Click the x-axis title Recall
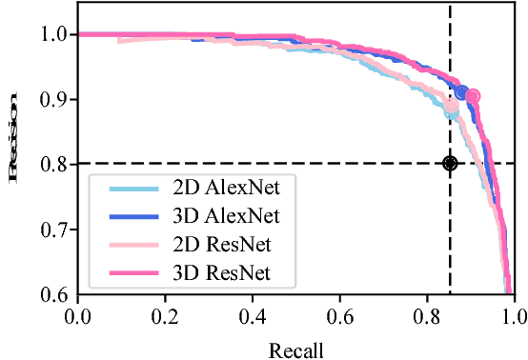(x=296, y=350)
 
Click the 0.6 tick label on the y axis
(x=52, y=295)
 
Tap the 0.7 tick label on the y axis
(x=52, y=230)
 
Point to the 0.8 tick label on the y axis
(x=52, y=165)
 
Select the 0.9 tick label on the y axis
(x=52, y=99)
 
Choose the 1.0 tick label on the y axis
(x=52, y=34)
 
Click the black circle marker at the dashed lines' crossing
(x=450, y=164)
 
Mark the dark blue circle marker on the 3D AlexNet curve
(x=462, y=92)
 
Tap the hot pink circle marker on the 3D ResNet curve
(x=473, y=96)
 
